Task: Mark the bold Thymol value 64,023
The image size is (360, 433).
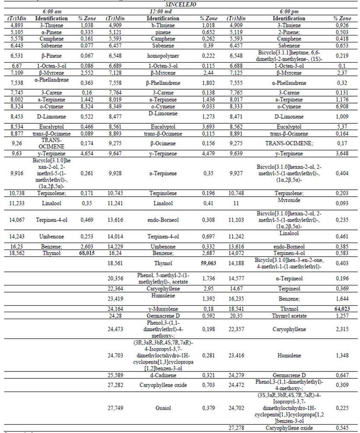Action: pyautogui.click(x=342, y=309)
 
